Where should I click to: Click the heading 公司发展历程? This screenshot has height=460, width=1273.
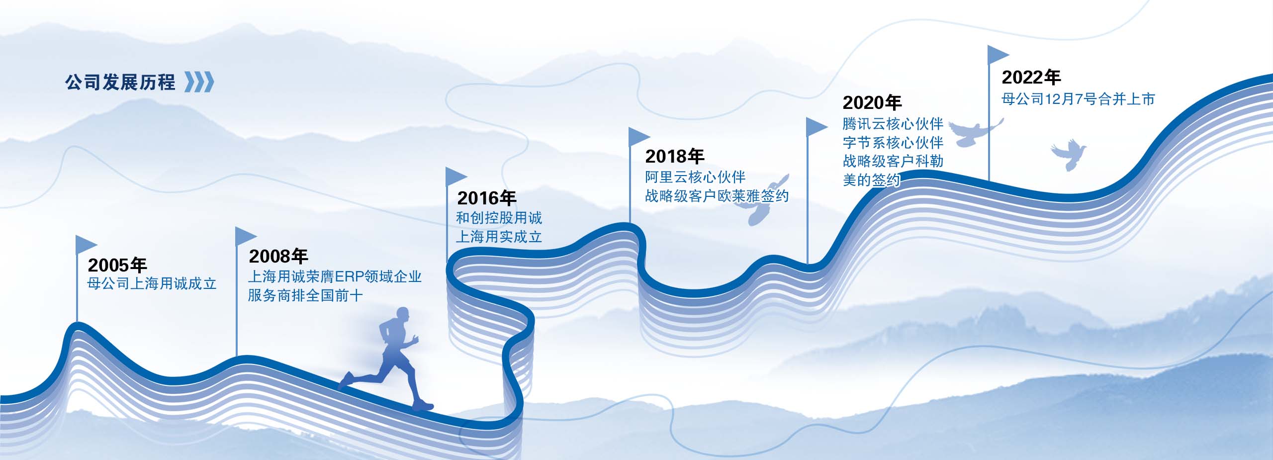(x=120, y=82)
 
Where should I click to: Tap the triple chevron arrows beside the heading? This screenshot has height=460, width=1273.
(x=199, y=82)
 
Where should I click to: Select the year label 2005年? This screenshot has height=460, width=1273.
(x=117, y=265)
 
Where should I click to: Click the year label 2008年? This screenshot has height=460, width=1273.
(x=278, y=256)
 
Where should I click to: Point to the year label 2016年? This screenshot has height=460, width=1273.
(x=487, y=198)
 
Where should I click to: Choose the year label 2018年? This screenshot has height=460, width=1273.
(x=675, y=156)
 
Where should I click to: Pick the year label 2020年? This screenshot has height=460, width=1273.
(x=872, y=102)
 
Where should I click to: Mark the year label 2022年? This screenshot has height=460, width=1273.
(x=1031, y=77)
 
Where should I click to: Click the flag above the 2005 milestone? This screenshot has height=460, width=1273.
(x=86, y=245)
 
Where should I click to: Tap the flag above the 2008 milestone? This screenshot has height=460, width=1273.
(x=246, y=236)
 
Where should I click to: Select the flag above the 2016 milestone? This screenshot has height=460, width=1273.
(x=456, y=177)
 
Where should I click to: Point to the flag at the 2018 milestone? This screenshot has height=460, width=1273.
(x=639, y=137)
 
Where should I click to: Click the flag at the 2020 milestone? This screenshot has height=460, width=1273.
(x=817, y=127)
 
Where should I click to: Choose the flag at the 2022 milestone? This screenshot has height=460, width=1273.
(x=998, y=55)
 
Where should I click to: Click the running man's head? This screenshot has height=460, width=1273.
(x=402, y=316)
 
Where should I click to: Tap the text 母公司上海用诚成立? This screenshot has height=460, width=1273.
(x=152, y=283)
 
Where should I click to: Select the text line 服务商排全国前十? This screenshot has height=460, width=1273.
(x=305, y=295)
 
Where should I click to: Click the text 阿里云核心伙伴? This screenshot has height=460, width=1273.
(x=696, y=177)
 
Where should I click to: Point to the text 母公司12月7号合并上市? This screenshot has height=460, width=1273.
(x=1078, y=99)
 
